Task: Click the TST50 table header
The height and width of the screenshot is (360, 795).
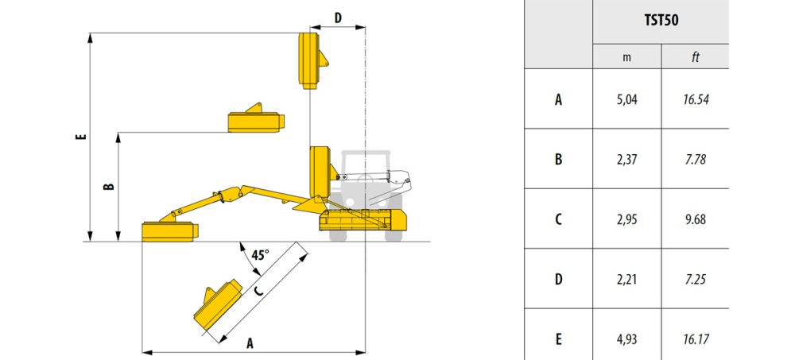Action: pos(661,21)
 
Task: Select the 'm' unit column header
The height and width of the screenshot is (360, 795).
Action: pos(626,57)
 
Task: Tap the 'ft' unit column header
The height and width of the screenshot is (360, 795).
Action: pos(695,57)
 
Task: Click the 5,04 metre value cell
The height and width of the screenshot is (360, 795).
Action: pos(626,99)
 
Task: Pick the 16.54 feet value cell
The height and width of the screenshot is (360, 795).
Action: pos(695,99)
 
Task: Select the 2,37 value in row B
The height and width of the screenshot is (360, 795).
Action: pos(626,159)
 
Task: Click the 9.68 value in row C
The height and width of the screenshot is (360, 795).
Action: pos(695,219)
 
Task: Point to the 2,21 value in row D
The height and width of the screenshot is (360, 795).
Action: pos(626,279)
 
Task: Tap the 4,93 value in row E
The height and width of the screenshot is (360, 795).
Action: pos(626,339)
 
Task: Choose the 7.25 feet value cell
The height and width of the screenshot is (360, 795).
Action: pos(695,279)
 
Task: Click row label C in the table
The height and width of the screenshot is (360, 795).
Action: pos(558,219)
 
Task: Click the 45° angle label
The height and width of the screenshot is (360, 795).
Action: pos(260,254)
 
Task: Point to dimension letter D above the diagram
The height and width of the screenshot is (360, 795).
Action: pos(338,17)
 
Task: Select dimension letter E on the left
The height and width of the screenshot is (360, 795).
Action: pos(81,137)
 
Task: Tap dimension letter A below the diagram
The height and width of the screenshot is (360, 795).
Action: pos(250,344)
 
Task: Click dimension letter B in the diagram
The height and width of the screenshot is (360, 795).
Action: pos(108,187)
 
